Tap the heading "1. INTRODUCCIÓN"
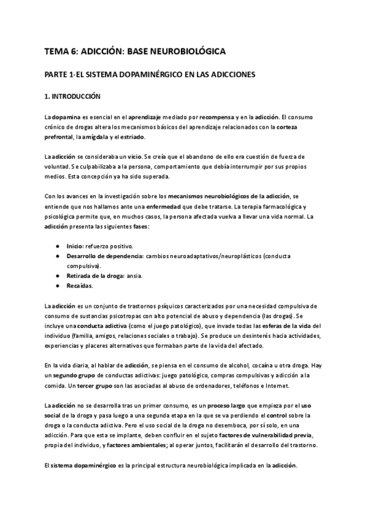click(x=72, y=96)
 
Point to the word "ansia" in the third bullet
click(x=134, y=276)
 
